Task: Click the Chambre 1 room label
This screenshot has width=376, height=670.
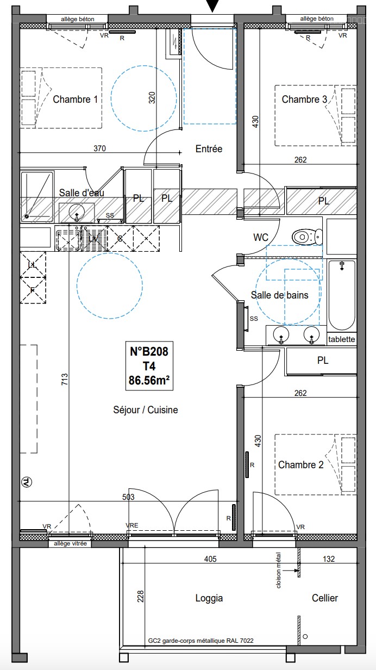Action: (76, 100)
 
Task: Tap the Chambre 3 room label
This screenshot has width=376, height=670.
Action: (304, 100)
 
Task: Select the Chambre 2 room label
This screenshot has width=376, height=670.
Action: (300, 465)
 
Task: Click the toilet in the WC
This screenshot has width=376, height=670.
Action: (307, 237)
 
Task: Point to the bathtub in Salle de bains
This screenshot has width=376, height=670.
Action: (342, 295)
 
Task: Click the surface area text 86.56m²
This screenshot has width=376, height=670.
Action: (149, 381)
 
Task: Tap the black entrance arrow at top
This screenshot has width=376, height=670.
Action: (212, 6)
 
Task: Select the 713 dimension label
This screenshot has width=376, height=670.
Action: (65, 379)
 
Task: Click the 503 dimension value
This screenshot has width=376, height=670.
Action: (128, 497)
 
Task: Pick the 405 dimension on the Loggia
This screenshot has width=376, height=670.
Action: (210, 559)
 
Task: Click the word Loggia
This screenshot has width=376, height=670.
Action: (209, 598)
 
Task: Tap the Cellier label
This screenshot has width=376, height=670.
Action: (325, 598)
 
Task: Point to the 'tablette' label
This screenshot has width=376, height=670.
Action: (342, 339)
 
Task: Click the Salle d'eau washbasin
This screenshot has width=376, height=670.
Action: (77, 213)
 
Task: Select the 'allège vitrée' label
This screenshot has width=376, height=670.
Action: (70, 543)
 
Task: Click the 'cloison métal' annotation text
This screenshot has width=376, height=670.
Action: (279, 570)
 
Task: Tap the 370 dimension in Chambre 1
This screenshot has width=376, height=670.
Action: (99, 148)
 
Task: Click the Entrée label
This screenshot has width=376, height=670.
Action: (209, 148)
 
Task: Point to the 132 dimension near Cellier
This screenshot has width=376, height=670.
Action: (329, 559)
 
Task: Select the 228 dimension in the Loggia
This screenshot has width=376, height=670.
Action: (140, 596)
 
